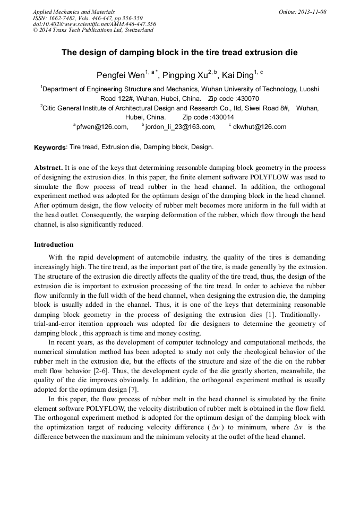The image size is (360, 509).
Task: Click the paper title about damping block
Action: [179, 53]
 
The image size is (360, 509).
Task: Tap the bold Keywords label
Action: [50, 147]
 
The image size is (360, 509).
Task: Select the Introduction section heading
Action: [54, 245]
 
